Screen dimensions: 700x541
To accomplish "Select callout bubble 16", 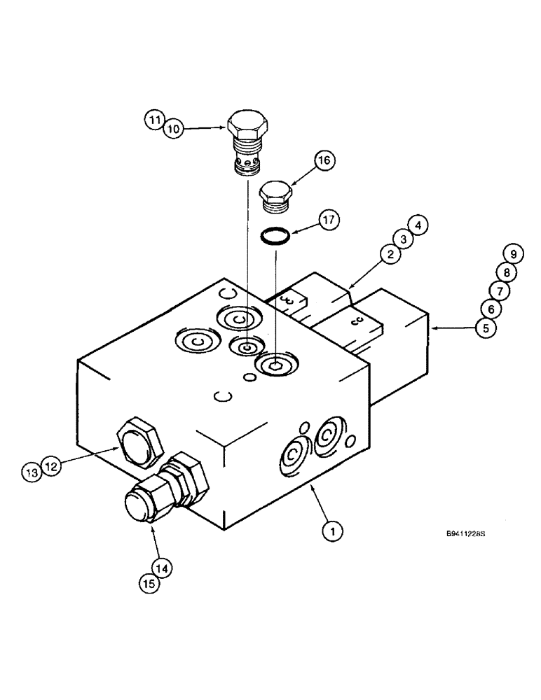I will point(325,162).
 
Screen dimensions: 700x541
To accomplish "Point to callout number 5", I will point(485,328).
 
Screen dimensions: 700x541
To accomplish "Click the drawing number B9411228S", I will point(465,534).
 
